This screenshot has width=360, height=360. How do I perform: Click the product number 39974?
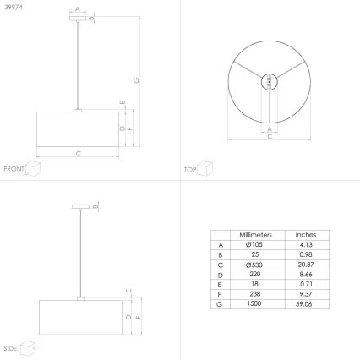pos(13,7)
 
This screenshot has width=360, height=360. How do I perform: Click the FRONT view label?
pos(14,170)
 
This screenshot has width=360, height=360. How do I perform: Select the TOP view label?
pos(191,170)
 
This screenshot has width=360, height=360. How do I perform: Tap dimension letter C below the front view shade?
pos(79,154)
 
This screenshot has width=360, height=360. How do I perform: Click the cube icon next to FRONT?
pos(34,169)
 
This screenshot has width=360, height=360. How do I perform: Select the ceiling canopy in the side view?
pos(81,206)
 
